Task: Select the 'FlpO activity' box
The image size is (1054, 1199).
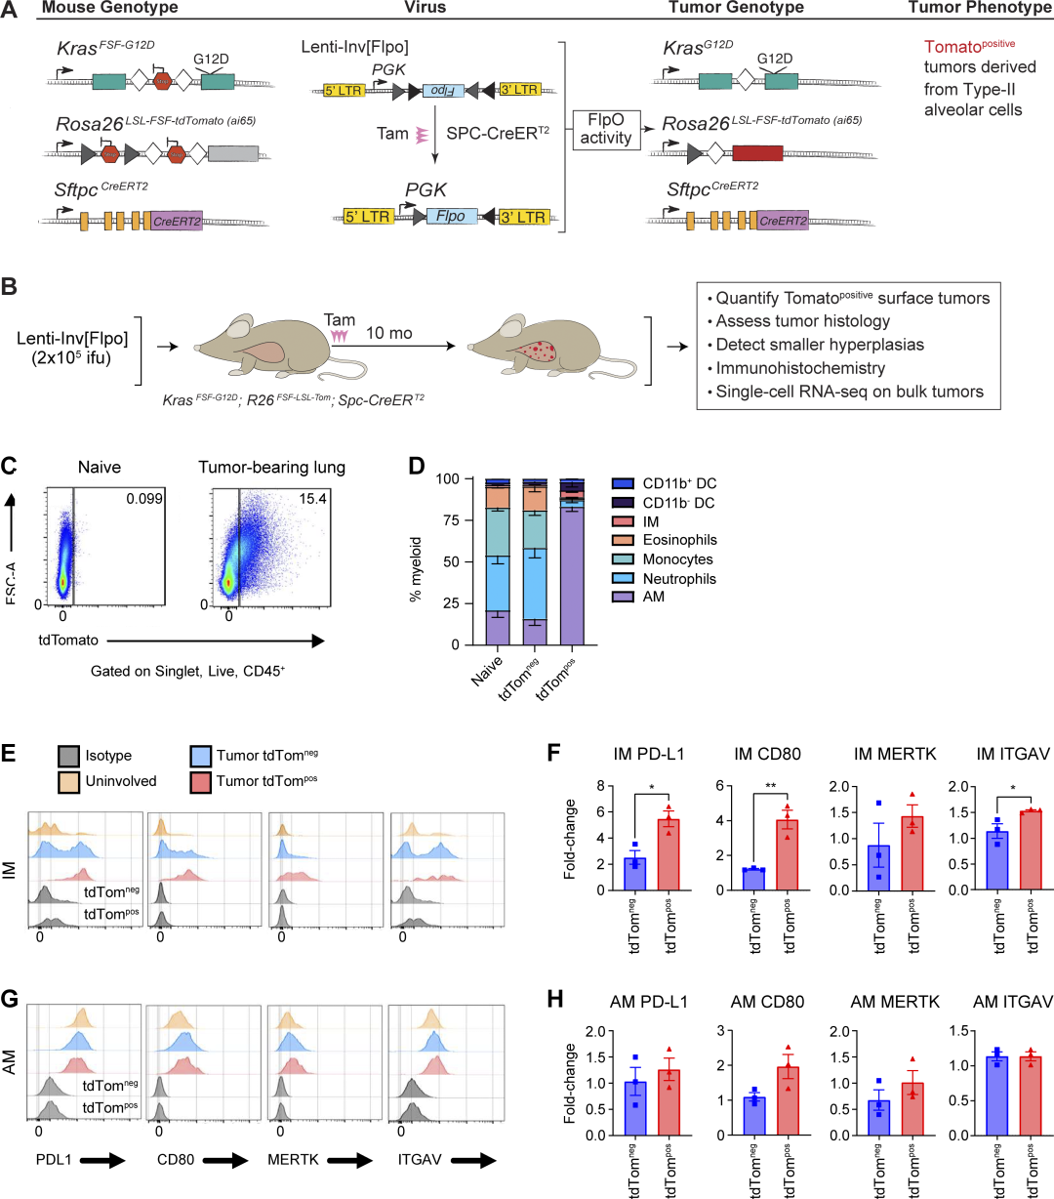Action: [605, 128]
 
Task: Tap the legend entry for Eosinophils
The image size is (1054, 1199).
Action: [679, 540]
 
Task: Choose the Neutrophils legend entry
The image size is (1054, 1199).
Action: [679, 579]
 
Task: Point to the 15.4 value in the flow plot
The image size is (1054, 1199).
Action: [312, 499]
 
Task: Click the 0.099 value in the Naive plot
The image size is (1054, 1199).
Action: [143, 499]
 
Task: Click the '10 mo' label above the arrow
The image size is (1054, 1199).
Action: [389, 333]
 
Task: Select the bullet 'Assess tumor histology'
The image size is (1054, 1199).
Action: [802, 321]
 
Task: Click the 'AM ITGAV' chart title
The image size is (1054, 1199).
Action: [1013, 1002]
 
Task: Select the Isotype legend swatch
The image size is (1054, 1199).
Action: [67, 756]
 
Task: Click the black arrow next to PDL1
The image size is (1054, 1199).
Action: [101, 1160]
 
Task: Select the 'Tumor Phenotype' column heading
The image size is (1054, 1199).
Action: [980, 8]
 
